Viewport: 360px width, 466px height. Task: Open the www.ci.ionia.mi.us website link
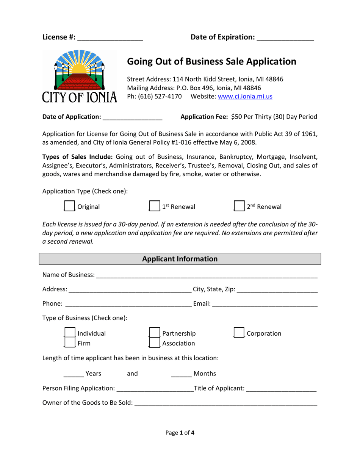[x=245, y=97]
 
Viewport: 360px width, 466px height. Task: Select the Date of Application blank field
[x=132, y=117]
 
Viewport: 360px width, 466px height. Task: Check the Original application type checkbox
[x=69, y=206]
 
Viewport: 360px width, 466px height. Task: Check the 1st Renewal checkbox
[x=154, y=206]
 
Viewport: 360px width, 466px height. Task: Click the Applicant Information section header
[x=180, y=259]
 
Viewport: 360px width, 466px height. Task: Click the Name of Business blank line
[x=207, y=275]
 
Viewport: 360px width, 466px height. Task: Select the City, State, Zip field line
[x=277, y=290]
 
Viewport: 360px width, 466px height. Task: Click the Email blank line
[x=265, y=304]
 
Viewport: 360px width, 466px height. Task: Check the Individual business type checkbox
[x=69, y=333]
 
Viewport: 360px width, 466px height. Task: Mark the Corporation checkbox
[x=239, y=333]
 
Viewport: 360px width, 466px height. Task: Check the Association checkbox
[x=154, y=343]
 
